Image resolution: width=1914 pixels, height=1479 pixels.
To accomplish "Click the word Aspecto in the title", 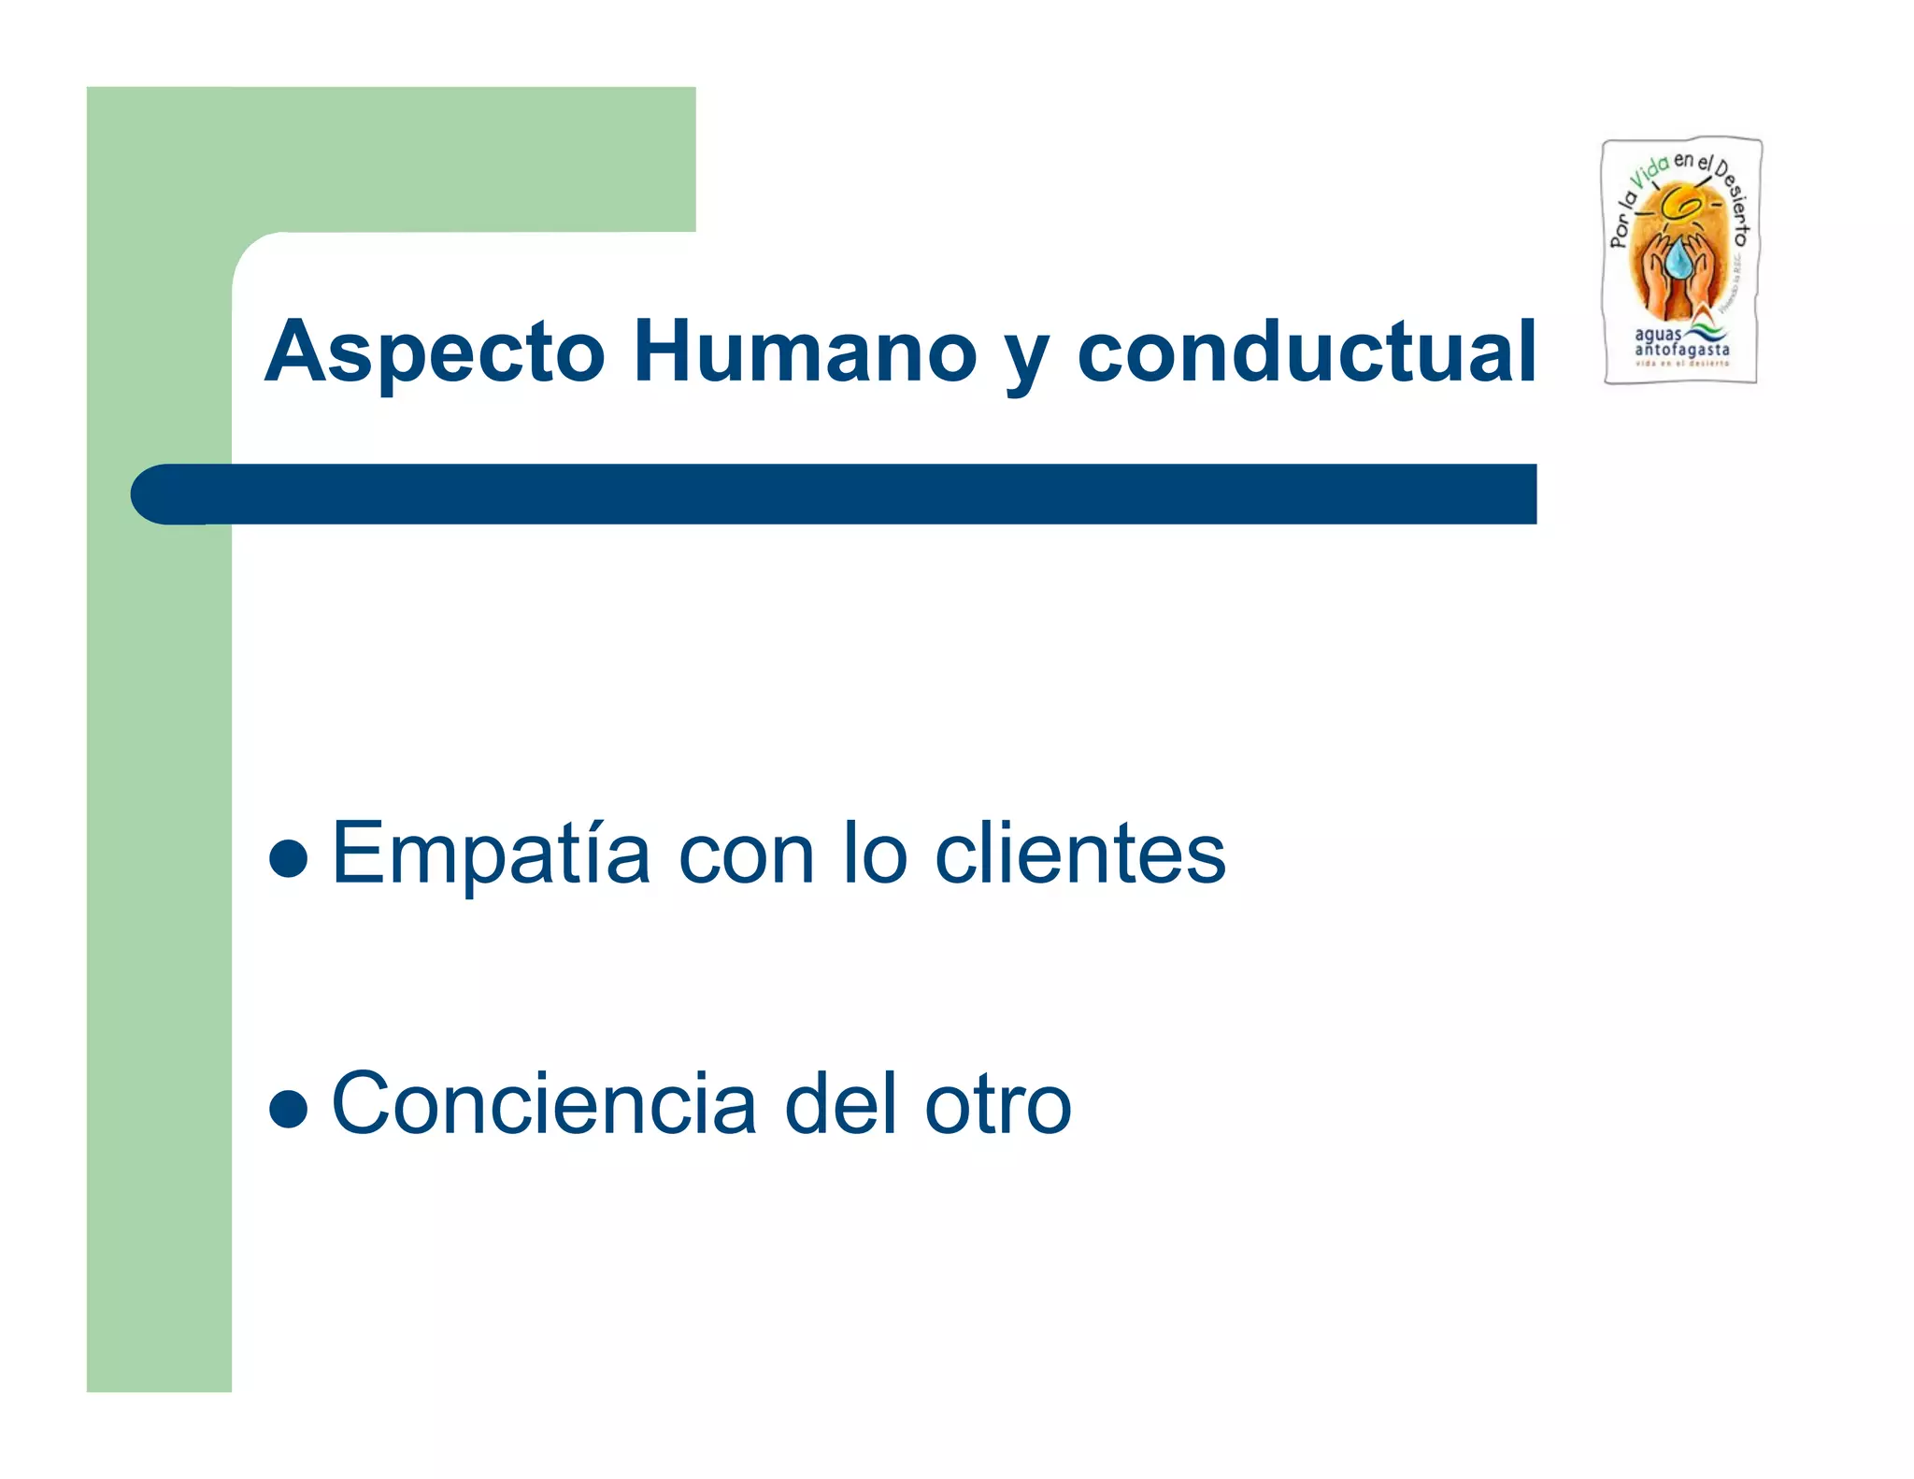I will pyautogui.click(x=436, y=352).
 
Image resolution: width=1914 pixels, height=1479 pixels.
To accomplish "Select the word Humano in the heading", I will pyautogui.click(x=805, y=352).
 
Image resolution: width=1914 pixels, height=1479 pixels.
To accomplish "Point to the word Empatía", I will pyautogui.click(x=492, y=853).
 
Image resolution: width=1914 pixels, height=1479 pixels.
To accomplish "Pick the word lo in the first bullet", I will pyautogui.click(x=875, y=853).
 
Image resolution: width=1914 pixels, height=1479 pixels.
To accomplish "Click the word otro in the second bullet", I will pyautogui.click(x=997, y=1106).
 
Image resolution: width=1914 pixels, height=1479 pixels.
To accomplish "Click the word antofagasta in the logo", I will pyautogui.click(x=1681, y=350).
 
